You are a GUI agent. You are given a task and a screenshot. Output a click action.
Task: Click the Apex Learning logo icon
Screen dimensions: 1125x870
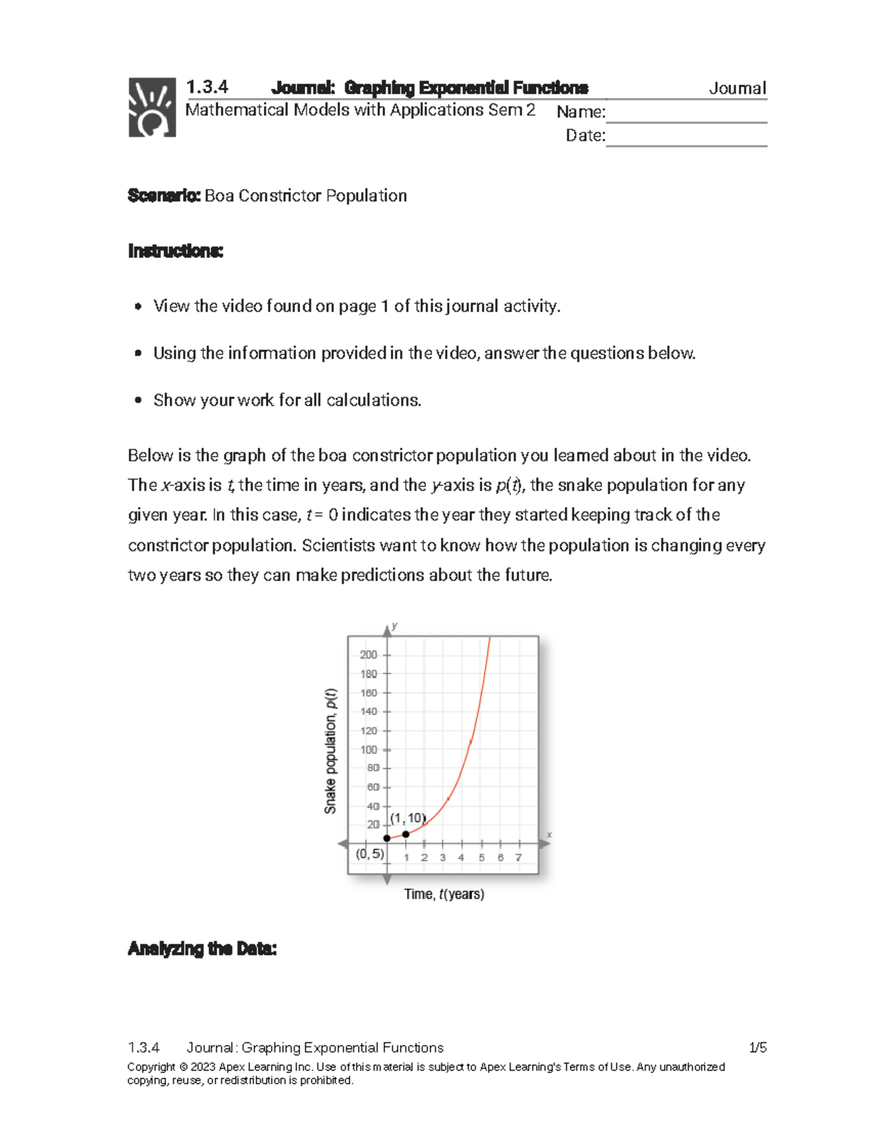click(152, 107)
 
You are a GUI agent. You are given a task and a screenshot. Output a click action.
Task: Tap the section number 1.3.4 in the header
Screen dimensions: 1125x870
click(207, 87)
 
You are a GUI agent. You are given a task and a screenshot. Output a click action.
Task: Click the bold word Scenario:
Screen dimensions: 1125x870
click(164, 196)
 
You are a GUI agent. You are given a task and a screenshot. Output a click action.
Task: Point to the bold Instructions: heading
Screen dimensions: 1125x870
click(175, 251)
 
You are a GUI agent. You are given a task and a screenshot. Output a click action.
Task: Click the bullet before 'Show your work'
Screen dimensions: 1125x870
click(138, 401)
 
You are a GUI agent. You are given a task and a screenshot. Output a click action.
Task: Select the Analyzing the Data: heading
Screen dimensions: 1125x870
click(202, 949)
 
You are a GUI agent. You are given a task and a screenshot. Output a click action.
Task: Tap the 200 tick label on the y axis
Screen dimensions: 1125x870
click(368, 655)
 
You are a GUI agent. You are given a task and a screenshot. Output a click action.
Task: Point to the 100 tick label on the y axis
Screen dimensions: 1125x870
click(368, 750)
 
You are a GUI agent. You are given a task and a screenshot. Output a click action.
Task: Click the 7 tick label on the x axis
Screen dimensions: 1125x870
click(518, 858)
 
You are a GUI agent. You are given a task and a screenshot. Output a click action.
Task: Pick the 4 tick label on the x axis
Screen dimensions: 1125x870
click(461, 858)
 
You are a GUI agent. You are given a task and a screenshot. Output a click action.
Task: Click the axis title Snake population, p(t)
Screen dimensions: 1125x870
click(331, 750)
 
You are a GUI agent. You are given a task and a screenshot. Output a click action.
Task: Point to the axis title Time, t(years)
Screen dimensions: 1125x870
click(444, 895)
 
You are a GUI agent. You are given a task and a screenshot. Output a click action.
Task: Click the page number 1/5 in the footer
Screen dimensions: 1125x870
click(758, 1047)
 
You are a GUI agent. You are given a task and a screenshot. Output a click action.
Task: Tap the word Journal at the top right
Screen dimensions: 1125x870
click(737, 88)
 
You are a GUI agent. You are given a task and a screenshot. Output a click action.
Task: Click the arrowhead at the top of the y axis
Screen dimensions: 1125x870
click(387, 632)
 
